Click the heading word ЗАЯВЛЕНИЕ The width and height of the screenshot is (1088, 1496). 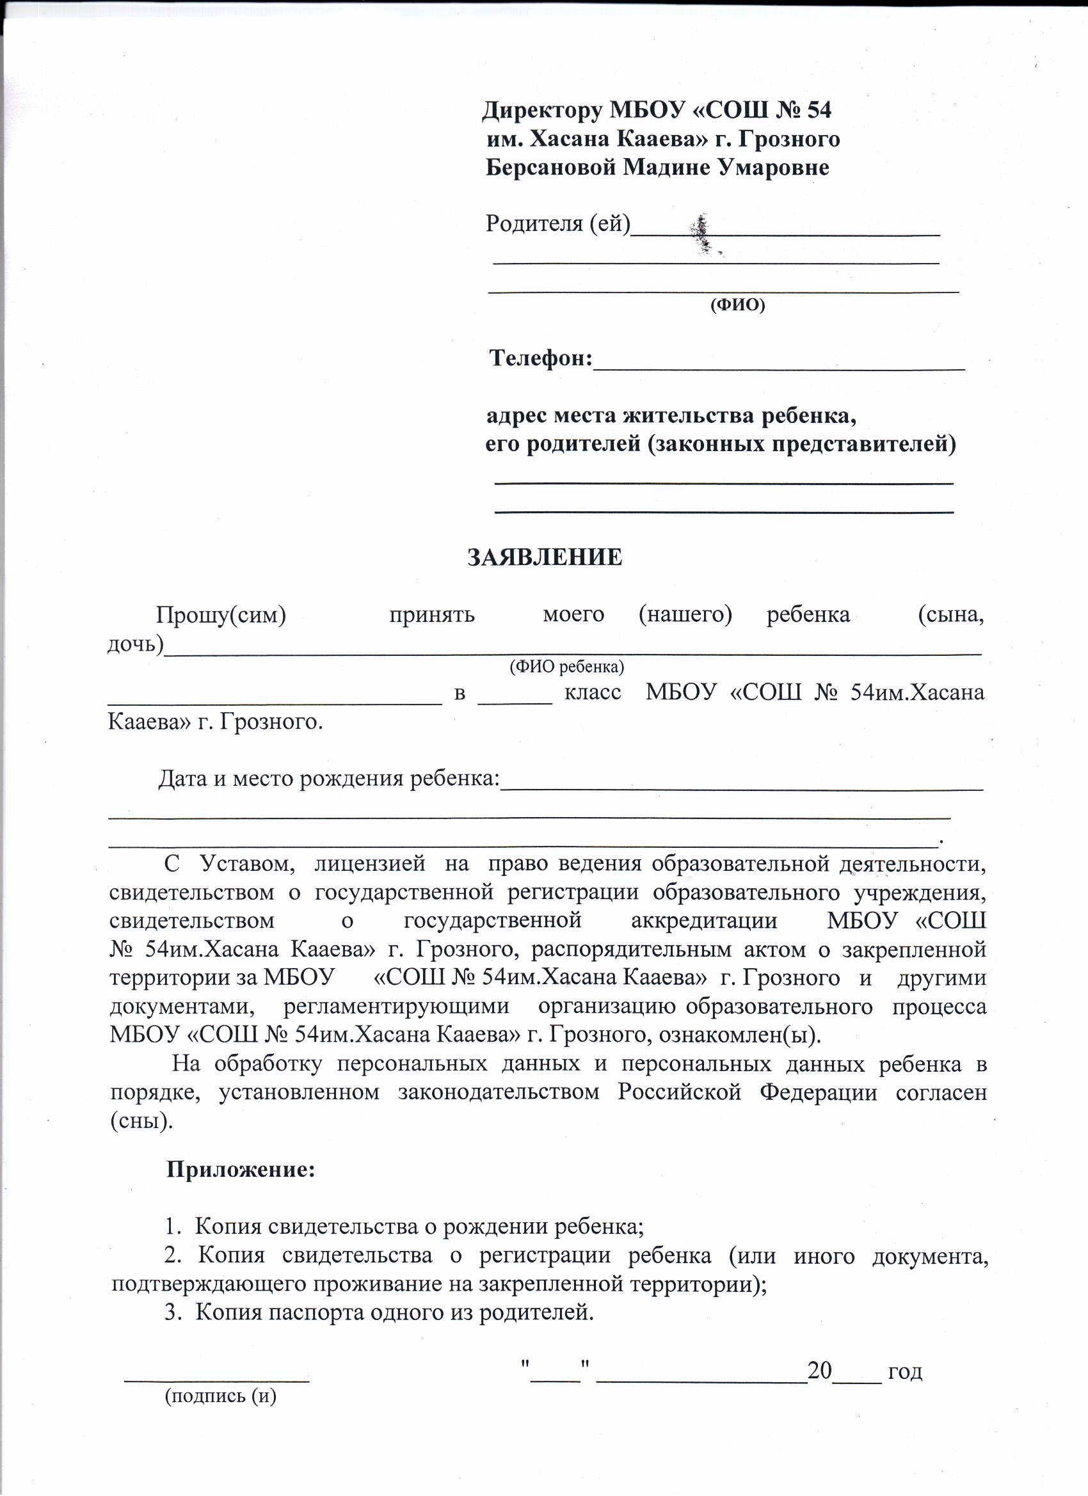(545, 558)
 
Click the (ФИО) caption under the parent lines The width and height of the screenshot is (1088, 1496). (737, 305)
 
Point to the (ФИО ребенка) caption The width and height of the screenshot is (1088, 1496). (567, 667)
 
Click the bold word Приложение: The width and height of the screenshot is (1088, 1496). (241, 1170)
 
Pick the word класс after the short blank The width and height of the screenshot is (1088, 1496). (593, 692)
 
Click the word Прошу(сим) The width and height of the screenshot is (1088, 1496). (220, 615)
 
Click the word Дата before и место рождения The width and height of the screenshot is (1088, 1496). (183, 779)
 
